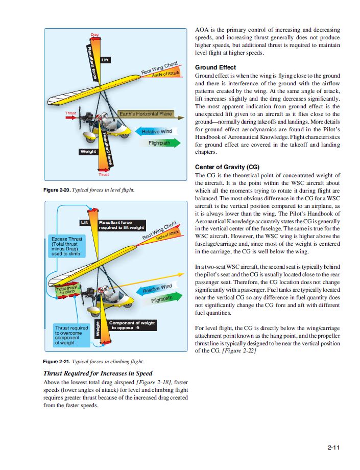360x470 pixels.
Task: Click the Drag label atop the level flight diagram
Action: [x=95, y=35]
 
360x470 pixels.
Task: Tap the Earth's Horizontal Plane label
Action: [x=146, y=113]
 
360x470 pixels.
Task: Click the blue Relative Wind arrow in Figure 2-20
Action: [x=156, y=132]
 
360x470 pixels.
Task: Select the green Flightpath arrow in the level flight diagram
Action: [x=159, y=144]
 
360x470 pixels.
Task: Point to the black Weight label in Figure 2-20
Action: [x=88, y=152]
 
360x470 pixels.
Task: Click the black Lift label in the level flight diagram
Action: [x=105, y=60]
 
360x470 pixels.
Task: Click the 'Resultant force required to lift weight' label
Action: [x=121, y=225]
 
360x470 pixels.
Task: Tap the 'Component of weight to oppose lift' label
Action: [x=132, y=325]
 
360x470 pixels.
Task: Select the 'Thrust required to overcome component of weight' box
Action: [x=71, y=335]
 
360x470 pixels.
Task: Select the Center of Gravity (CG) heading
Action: [x=227, y=167]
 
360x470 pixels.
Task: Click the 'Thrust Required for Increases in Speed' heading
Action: [x=98, y=373]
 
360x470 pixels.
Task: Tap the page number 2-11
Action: [x=334, y=448]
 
